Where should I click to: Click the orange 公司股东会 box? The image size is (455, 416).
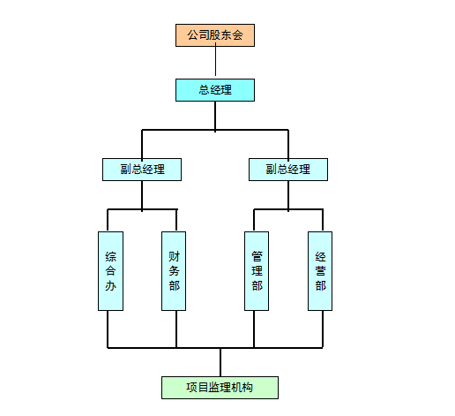pyautogui.click(x=215, y=35)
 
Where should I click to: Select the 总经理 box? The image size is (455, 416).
pyautogui.click(x=215, y=90)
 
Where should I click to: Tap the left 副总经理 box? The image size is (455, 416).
pyautogui.click(x=142, y=170)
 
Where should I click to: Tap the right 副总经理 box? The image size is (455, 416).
pyautogui.click(x=288, y=170)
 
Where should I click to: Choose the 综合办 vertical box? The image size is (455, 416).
pyautogui.click(x=110, y=271)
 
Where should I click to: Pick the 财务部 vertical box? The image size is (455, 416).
pyautogui.click(x=174, y=271)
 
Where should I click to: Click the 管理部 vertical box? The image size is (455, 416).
pyautogui.click(x=257, y=271)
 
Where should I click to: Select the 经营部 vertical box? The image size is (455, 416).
pyautogui.click(x=320, y=271)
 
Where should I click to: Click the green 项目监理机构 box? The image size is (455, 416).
pyautogui.click(x=220, y=388)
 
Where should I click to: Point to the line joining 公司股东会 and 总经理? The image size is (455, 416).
pyautogui.click(x=215, y=61)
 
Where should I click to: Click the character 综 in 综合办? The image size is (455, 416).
pyautogui.click(x=111, y=257)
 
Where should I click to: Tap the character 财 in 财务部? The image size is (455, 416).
pyautogui.click(x=174, y=256)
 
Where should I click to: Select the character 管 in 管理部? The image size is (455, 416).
pyautogui.click(x=257, y=256)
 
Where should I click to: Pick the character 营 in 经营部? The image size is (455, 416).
pyautogui.click(x=320, y=271)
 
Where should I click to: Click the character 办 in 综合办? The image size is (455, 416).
pyautogui.click(x=111, y=285)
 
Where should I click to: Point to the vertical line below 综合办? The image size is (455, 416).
pyautogui.click(x=108, y=329)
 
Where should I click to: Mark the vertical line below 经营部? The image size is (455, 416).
pyautogui.click(x=323, y=329)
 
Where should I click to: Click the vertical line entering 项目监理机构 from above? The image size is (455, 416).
pyautogui.click(x=220, y=362)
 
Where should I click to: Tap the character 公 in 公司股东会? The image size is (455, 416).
pyautogui.click(x=193, y=35)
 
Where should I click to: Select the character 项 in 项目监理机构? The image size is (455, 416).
pyautogui.click(x=191, y=388)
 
